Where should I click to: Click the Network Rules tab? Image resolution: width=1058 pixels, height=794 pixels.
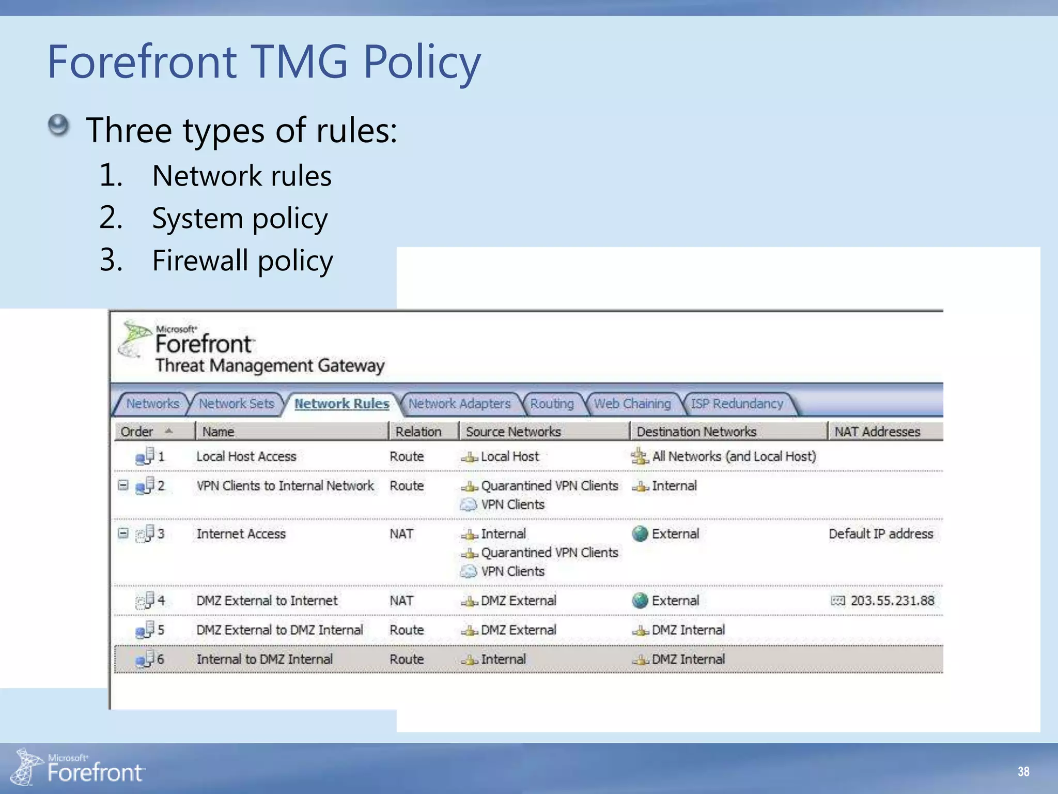tap(341, 404)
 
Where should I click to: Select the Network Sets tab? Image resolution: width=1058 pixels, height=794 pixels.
tap(236, 404)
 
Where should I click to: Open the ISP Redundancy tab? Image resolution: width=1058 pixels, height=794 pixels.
tap(737, 404)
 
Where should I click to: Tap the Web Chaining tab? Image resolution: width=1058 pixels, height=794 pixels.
tap(632, 404)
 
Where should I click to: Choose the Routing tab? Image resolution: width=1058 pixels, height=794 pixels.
tap(552, 404)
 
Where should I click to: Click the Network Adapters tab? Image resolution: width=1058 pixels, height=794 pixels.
tap(459, 404)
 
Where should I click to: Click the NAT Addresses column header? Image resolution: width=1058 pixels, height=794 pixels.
tap(877, 432)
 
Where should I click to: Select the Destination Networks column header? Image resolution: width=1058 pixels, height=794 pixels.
tap(696, 432)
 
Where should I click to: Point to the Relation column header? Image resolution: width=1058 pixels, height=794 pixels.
tap(418, 432)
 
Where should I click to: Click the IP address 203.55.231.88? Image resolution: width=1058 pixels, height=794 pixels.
tap(892, 601)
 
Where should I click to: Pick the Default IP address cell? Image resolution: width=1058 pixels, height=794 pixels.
tap(881, 533)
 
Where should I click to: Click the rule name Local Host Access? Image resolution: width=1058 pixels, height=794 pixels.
tap(246, 456)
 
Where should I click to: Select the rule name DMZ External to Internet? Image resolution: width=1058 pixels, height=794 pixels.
tap(267, 601)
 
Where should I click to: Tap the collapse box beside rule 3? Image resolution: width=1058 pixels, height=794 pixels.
tap(123, 533)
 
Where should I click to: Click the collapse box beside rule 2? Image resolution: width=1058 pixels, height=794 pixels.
tap(123, 485)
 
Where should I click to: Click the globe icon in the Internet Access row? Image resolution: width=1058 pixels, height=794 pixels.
tap(640, 533)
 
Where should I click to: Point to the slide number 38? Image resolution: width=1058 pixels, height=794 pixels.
tap(1023, 771)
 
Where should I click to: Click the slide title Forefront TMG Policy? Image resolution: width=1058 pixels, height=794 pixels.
tap(263, 62)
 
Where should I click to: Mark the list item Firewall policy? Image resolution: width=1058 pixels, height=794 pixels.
tap(242, 260)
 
